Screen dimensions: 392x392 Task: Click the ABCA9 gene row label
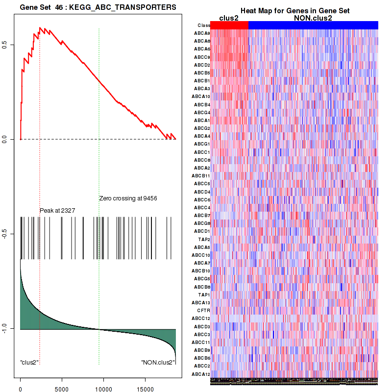pyautogui.click(x=202, y=33)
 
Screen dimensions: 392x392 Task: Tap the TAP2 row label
pyautogui.click(x=204, y=240)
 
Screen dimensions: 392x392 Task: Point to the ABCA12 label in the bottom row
pyautogui.click(x=201, y=374)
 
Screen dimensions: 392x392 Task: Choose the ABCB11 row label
pyautogui.click(x=201, y=176)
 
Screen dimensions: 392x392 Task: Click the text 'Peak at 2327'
pyautogui.click(x=57, y=210)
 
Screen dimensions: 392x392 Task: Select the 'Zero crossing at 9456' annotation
pyautogui.click(x=128, y=198)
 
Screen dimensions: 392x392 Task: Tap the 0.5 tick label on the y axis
pyautogui.click(x=11, y=45)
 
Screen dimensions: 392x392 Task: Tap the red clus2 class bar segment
pyautogui.click(x=229, y=25)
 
